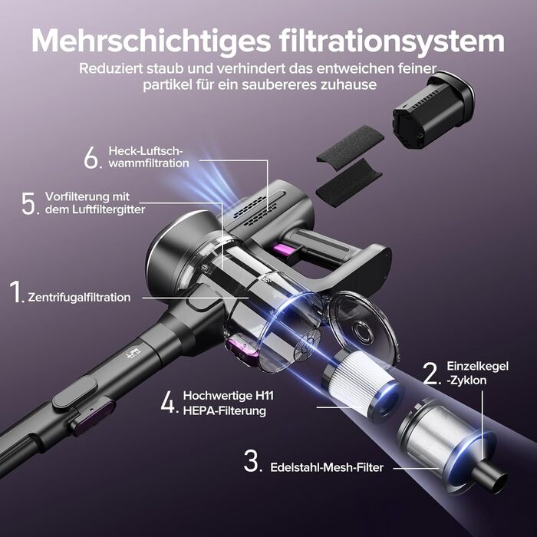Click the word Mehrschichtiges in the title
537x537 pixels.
[151, 41]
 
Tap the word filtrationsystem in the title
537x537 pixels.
[391, 41]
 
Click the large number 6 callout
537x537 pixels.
[92, 157]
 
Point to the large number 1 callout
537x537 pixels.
[16, 292]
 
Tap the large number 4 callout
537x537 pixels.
[170, 403]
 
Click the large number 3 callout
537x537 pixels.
[252, 461]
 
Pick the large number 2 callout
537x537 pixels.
[432, 373]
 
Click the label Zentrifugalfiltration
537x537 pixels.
[79, 298]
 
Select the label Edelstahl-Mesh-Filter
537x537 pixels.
[327, 467]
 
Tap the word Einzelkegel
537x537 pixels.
[477, 367]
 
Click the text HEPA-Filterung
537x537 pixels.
[225, 410]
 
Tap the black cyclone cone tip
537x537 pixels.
[489, 476]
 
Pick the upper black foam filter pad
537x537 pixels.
[350, 144]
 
